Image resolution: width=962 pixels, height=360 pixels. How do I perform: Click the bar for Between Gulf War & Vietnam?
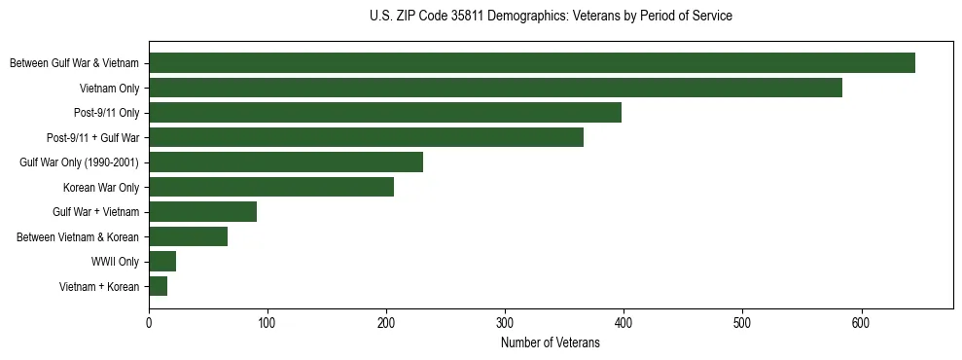point(532,63)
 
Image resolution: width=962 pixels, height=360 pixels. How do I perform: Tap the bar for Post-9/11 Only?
point(385,113)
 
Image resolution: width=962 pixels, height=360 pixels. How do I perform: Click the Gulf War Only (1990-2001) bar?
point(286,162)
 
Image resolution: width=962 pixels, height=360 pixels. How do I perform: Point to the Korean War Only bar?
point(271,187)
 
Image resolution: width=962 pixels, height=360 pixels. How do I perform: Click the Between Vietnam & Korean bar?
point(188,236)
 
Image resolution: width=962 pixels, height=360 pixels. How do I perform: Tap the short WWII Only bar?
point(162,261)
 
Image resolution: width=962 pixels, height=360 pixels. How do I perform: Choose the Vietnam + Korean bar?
point(158,286)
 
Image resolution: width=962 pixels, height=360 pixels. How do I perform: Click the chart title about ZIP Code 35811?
point(551,17)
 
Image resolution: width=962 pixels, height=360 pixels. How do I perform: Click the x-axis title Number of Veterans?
point(551,343)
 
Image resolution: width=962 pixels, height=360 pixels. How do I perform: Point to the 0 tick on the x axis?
point(149,323)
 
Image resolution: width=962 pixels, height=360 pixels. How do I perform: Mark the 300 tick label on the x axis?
point(505,323)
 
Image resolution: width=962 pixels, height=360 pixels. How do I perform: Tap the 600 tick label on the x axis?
point(861,323)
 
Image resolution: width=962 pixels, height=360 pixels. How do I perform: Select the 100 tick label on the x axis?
point(267,323)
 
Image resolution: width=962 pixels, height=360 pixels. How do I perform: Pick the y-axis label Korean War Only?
point(101,187)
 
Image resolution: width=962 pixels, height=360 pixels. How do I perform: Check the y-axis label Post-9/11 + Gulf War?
point(93,138)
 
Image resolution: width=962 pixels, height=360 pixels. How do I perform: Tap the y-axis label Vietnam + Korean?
point(99,286)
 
